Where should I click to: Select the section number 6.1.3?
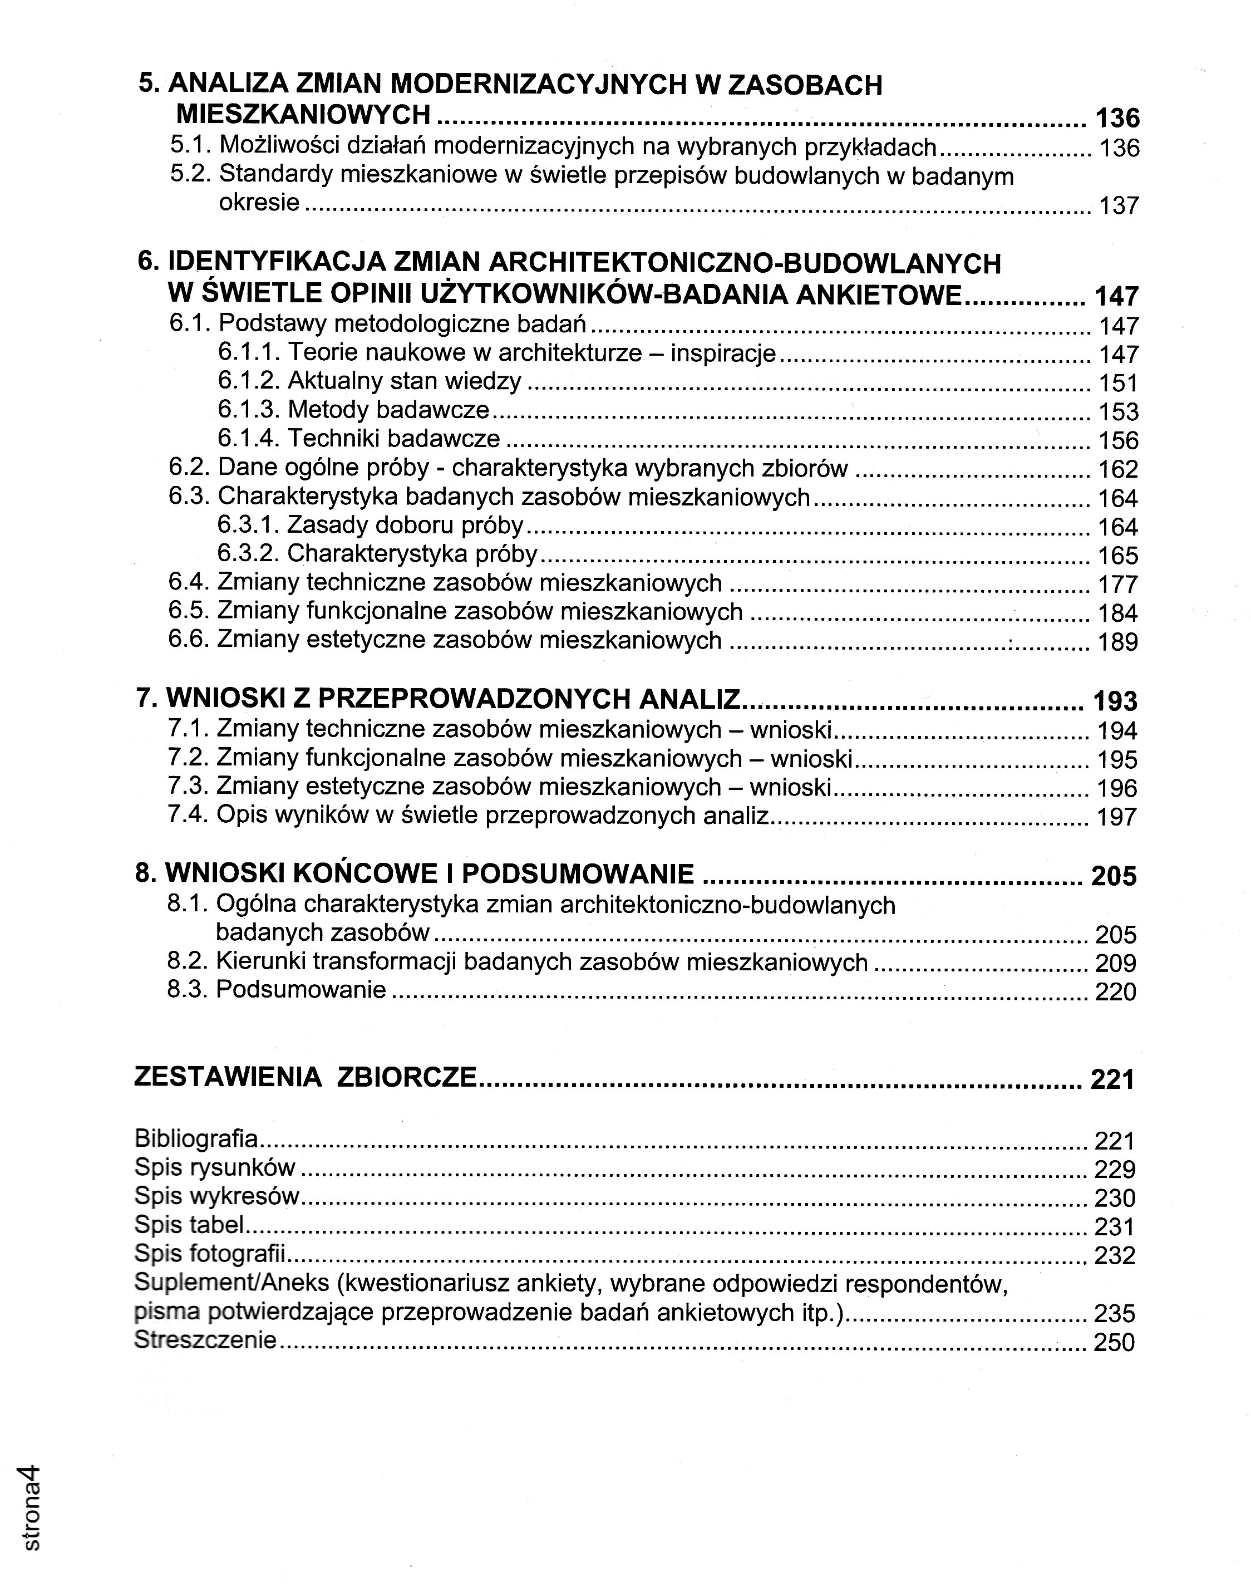[x=248, y=410]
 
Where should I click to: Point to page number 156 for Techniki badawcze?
[x=1119, y=440]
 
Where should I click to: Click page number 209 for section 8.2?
[x=1116, y=963]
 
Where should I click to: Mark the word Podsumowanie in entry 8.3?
[x=301, y=990]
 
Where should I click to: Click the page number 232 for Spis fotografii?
[x=1114, y=1255]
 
